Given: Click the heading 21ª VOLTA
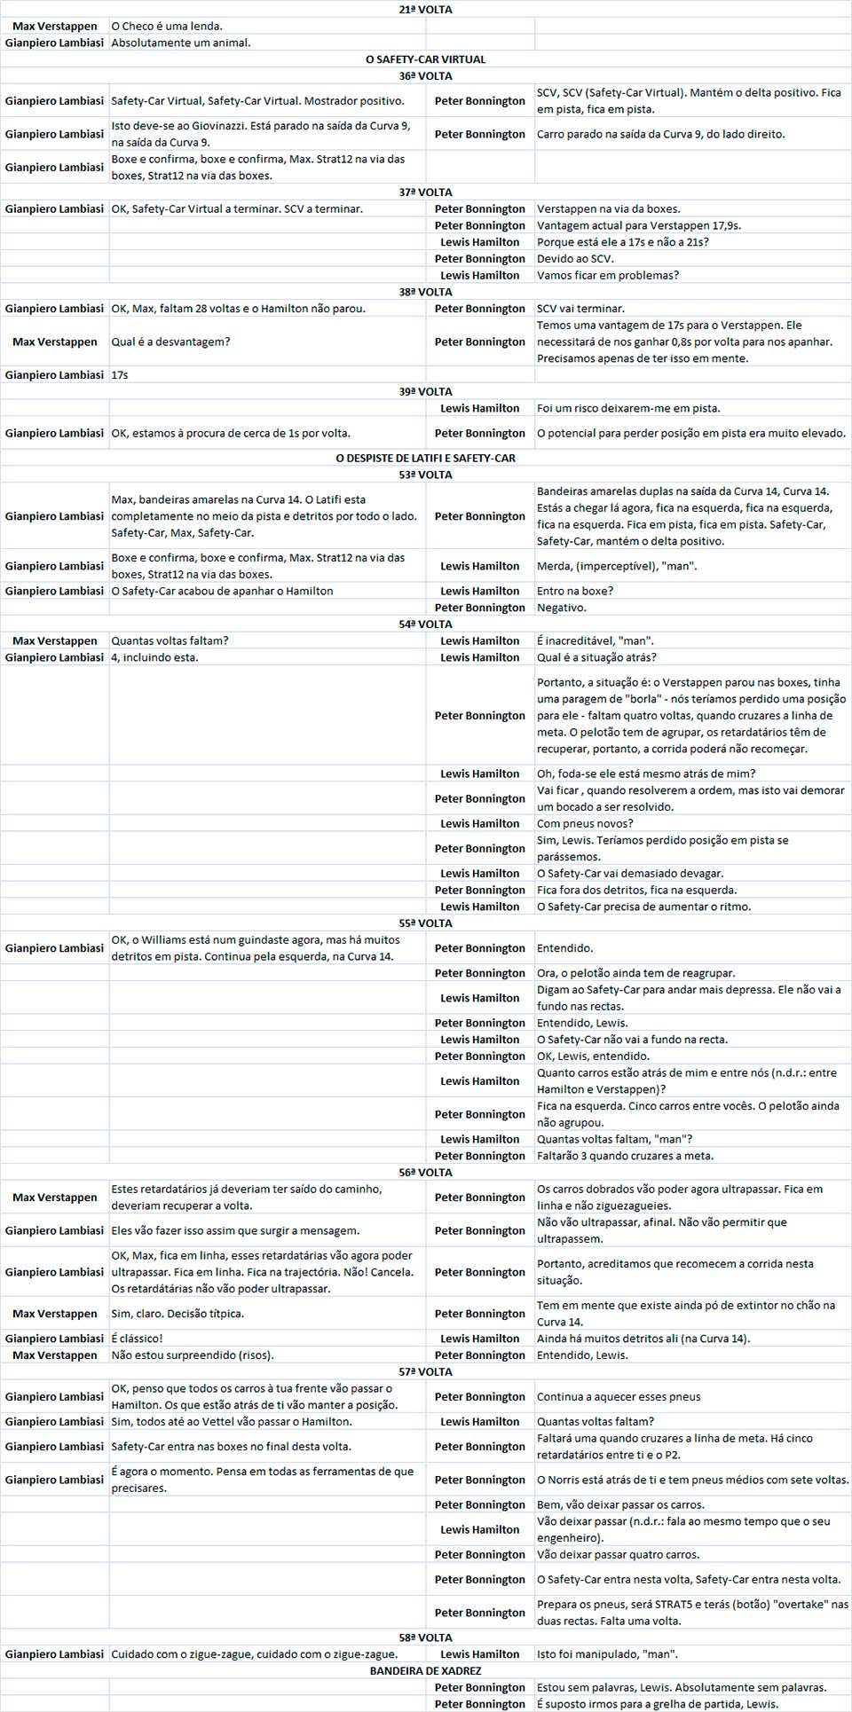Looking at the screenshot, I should click(425, 10).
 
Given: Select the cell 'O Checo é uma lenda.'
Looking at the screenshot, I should click(167, 27).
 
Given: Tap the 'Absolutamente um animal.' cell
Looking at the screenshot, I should click(181, 43).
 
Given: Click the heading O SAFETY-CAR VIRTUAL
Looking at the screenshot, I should click(425, 59).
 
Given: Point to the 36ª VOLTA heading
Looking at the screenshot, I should click(425, 76).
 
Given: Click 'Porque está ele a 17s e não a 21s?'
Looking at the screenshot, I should click(623, 242).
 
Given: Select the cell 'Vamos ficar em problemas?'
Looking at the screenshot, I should click(608, 275).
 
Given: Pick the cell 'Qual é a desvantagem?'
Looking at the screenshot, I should click(170, 342).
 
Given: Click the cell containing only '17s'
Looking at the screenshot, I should click(120, 375).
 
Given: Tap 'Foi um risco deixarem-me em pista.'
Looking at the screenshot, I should click(628, 408).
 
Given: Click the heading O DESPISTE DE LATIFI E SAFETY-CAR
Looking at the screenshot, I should click(425, 459).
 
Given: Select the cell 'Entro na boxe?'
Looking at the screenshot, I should click(575, 591).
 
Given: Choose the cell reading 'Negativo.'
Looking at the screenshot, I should click(562, 608).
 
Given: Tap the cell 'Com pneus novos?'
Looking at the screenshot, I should click(585, 823).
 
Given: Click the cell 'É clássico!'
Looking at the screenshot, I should click(137, 1339).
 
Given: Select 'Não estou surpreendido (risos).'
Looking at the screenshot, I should click(192, 1355).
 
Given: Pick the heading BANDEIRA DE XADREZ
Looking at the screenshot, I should click(425, 1670).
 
